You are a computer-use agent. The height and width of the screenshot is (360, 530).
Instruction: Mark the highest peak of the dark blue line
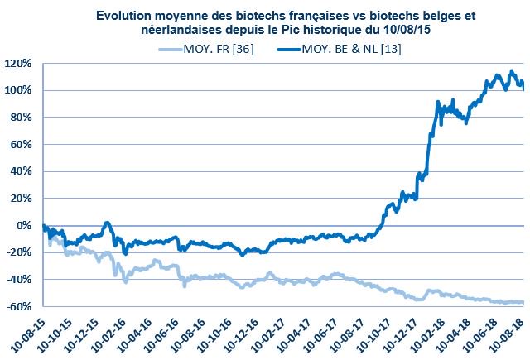(497, 73)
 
